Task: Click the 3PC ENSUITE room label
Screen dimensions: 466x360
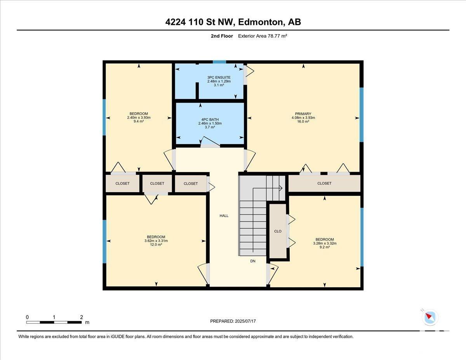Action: pos(219,77)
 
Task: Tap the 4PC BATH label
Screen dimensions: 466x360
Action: pos(210,120)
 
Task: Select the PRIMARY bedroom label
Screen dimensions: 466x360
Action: pos(303,114)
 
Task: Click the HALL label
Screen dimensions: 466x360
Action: pos(224,216)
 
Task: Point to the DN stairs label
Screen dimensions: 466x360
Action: pos(253,261)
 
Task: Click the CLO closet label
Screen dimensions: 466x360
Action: pos(278,231)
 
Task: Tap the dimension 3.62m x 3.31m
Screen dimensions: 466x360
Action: pos(156,241)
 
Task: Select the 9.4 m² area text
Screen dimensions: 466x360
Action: pos(139,121)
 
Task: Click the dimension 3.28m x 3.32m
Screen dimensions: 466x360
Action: pos(325,243)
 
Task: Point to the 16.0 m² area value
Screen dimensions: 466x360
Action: pos(303,122)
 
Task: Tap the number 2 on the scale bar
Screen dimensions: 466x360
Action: pos(82,317)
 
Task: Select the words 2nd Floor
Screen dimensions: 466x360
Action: pos(222,36)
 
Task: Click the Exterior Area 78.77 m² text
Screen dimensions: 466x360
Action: pos(263,36)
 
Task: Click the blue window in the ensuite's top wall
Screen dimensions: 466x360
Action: pos(219,62)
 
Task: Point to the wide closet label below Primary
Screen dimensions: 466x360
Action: pos(324,183)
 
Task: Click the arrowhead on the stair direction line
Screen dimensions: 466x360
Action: pos(281,188)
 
